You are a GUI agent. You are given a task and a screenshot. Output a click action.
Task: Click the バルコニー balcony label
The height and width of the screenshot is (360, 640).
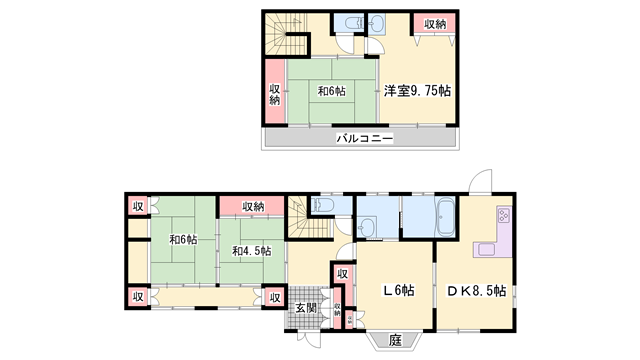tap(364, 138)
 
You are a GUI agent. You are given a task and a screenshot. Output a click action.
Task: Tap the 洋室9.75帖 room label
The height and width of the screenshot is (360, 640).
tap(417, 91)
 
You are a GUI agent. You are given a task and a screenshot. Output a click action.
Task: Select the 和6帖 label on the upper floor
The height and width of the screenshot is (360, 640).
tap(331, 91)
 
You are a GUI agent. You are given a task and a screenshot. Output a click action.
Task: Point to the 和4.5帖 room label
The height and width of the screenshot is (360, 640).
tap(251, 251)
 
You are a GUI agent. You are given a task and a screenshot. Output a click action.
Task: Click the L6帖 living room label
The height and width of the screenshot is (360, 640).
tap(398, 290)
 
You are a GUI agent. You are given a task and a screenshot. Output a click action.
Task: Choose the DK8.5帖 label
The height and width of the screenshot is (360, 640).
tap(476, 291)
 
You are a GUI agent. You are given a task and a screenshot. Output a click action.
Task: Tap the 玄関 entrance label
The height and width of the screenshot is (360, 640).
tap(306, 307)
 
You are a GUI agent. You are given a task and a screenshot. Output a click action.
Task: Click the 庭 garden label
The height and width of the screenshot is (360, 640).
tap(395, 340)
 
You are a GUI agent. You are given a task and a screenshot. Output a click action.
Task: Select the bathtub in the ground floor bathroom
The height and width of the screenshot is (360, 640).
tap(445, 217)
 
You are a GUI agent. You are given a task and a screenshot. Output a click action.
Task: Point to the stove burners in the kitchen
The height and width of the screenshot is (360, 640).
tap(503, 215)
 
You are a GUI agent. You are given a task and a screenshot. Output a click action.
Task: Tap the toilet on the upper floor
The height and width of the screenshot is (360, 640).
tap(352, 23)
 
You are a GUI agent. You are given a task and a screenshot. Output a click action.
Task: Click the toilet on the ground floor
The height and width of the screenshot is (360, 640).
tap(320, 205)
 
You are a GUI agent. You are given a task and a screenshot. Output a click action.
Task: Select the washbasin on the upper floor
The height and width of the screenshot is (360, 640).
tap(377, 23)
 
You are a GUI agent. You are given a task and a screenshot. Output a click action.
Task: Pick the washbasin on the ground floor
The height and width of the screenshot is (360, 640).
tap(366, 227)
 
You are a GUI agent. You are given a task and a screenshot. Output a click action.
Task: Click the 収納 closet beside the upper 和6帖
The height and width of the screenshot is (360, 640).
tap(275, 91)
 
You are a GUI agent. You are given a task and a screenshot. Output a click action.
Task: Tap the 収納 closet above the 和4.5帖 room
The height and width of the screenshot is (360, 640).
tap(252, 206)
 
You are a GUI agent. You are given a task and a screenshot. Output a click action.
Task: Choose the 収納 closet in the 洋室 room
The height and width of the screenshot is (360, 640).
tap(434, 24)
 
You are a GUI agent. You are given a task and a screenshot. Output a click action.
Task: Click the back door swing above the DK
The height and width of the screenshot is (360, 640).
tap(481, 180)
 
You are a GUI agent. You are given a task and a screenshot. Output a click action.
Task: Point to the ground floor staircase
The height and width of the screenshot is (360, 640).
tap(308, 217)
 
